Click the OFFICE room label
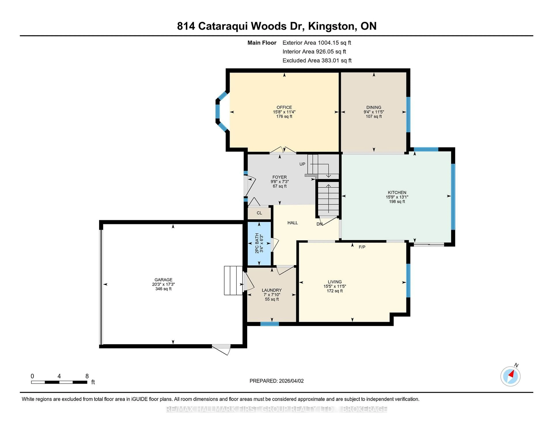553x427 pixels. tap(284, 107)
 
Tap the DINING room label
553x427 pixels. tap(374, 107)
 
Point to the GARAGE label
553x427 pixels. tap(163, 280)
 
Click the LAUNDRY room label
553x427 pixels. tap(272, 290)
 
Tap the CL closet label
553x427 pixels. tap(259, 213)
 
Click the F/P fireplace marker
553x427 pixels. tap(362, 247)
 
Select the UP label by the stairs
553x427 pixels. tap(302, 164)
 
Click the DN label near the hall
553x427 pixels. tap(319, 224)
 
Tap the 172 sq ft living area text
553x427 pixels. tap(335, 291)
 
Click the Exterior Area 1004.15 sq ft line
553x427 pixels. tap(317, 43)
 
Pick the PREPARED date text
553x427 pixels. tap(276, 381)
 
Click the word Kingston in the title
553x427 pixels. tap(331, 26)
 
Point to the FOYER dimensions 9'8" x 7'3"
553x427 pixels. tap(280, 182)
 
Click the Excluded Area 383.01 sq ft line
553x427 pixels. tap(317, 60)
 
